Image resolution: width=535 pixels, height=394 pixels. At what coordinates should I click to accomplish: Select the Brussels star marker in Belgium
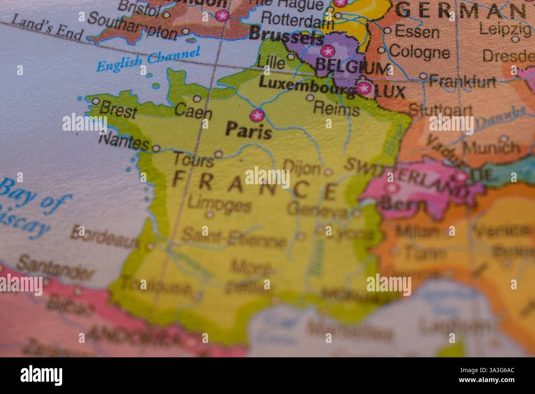coord(328,52)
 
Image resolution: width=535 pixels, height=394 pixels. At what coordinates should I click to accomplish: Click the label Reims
coord(336,110)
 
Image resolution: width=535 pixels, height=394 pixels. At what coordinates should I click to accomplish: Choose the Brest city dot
coord(96,101)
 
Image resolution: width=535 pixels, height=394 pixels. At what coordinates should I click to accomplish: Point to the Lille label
coord(271,63)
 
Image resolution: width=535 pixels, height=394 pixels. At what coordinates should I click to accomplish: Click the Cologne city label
coord(419,52)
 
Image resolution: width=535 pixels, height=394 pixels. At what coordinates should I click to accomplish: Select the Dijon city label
coord(302,167)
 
